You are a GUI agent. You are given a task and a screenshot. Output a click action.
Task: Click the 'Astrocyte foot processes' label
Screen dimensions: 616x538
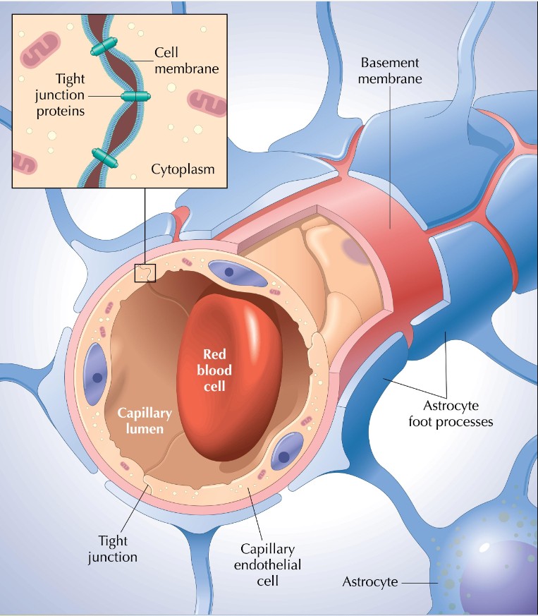coord(456,414)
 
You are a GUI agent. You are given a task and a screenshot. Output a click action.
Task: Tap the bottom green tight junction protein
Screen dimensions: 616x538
coord(103,157)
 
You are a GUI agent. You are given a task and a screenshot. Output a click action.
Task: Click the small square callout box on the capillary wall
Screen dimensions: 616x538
coord(145,272)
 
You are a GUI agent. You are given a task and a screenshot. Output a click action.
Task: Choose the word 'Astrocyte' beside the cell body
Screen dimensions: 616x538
coord(370,582)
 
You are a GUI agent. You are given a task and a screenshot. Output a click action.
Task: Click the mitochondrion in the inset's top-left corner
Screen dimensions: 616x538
coord(40,50)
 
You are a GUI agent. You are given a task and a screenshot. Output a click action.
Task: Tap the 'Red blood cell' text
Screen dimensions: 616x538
coord(217,368)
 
